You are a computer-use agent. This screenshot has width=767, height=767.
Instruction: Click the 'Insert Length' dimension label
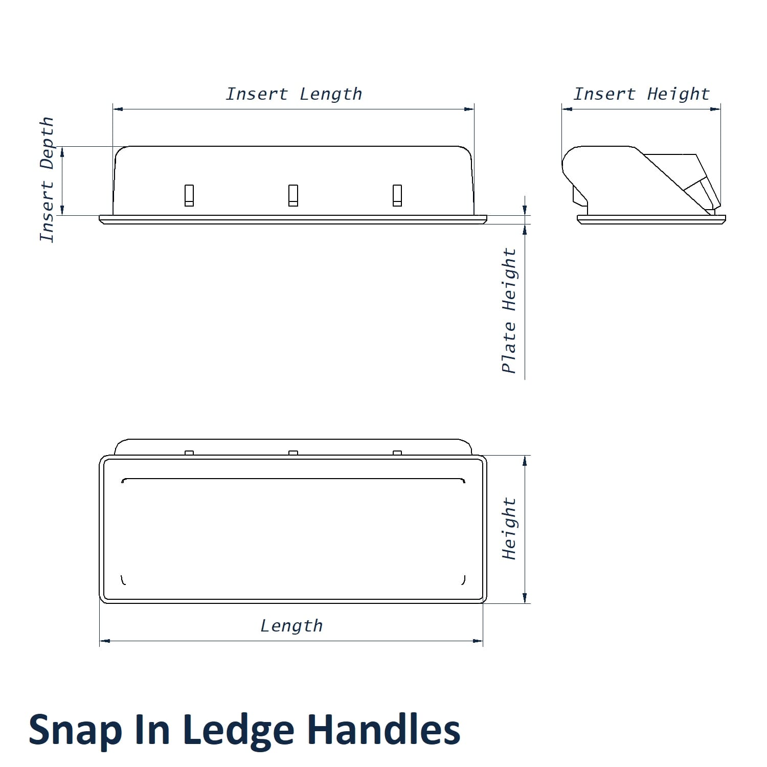coord(294,94)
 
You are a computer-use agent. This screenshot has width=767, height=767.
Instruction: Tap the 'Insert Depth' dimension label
coord(47,179)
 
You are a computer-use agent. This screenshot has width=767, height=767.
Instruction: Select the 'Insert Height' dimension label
coord(642,94)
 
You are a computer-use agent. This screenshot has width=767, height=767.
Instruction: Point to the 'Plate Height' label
coord(509,311)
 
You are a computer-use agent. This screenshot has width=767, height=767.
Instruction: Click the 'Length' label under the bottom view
coord(291,626)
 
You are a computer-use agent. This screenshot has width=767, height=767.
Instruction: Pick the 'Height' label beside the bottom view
coord(509,529)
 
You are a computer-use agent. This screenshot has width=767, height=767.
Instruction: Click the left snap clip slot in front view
coord(189,195)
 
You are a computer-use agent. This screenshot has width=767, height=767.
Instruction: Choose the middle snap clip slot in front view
coord(293,195)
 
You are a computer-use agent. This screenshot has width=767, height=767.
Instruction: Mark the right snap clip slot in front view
coord(397,195)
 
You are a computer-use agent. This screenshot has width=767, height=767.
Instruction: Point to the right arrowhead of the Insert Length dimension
coord(469,109)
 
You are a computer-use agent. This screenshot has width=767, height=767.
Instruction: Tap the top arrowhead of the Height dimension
coord(525,460)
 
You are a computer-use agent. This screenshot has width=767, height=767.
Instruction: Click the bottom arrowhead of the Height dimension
coord(525,598)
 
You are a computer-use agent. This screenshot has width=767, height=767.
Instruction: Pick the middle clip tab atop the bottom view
coord(293,453)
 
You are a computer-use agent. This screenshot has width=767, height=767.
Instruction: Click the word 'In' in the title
coord(151,730)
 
